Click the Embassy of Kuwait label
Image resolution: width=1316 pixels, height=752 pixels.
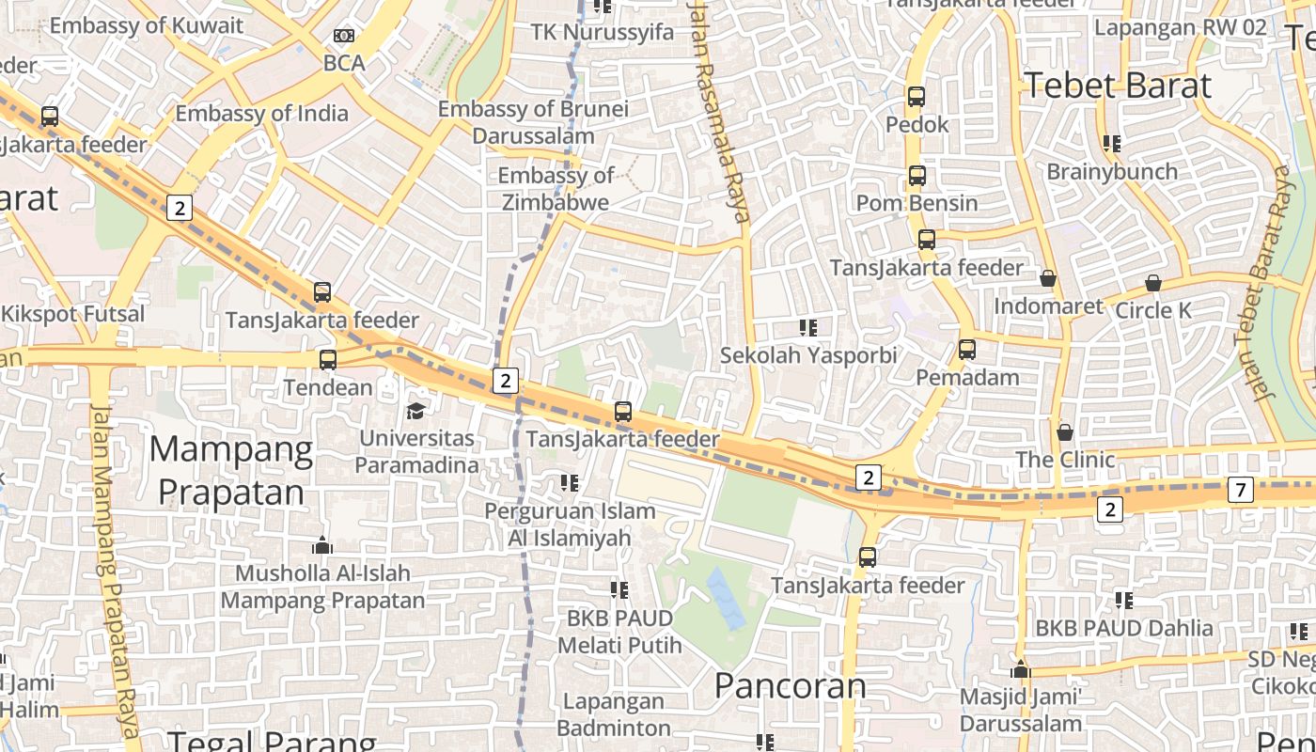tap(146, 25)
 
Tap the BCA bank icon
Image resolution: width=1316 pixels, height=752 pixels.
tap(344, 36)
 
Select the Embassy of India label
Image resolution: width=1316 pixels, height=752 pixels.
tap(261, 114)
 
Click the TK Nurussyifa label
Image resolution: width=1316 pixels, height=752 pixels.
tap(603, 33)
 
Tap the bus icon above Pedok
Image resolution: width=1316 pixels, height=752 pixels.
tap(916, 96)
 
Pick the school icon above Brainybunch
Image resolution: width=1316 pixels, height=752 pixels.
tap(1112, 144)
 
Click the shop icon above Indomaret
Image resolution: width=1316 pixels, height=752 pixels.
tap(1048, 278)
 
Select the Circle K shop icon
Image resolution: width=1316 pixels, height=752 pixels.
tap(1153, 283)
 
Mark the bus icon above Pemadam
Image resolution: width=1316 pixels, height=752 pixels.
tap(967, 350)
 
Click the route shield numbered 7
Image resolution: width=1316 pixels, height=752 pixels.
tap(1241, 489)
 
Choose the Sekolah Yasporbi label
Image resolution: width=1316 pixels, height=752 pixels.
tap(808, 355)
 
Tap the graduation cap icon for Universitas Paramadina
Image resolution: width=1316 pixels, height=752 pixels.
tap(415, 411)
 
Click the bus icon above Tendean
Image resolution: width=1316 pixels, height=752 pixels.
tap(328, 359)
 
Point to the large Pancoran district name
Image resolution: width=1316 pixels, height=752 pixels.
tap(790, 685)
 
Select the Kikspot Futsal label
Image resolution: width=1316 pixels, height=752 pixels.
tap(73, 314)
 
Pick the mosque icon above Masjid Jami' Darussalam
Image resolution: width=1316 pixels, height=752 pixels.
tap(1021, 670)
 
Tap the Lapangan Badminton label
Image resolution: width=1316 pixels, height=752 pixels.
tap(614, 714)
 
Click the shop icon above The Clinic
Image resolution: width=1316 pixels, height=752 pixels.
tap(1065, 432)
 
